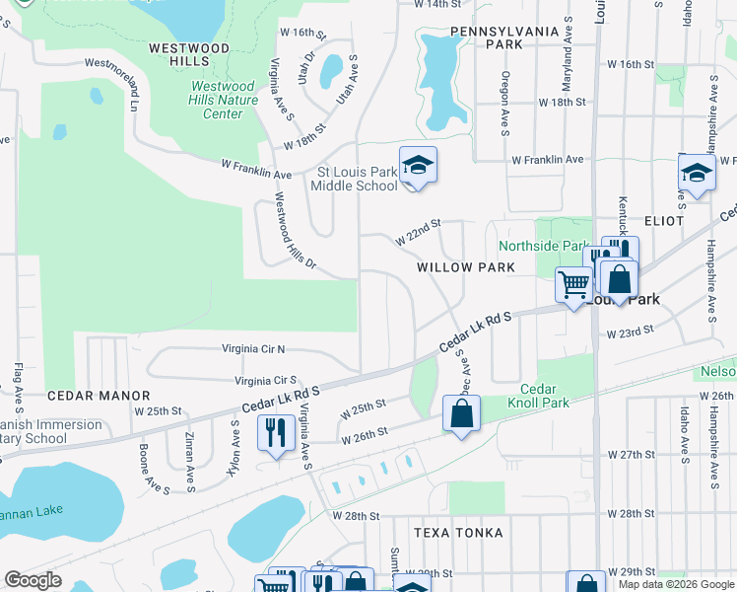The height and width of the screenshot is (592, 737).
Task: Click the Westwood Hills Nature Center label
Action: pyautogui.click(x=224, y=100)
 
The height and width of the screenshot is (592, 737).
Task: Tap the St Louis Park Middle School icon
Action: pyautogui.click(x=418, y=167)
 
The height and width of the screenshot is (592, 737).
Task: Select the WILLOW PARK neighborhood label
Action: pyautogui.click(x=465, y=267)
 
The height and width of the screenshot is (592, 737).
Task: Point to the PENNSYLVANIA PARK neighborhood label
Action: pyautogui.click(x=504, y=37)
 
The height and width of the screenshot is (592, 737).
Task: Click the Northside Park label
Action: pyautogui.click(x=543, y=246)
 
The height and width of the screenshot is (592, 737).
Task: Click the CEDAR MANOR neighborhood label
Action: pyautogui.click(x=85, y=395)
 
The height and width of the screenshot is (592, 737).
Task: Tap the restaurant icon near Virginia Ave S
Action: pyautogui.click(x=275, y=433)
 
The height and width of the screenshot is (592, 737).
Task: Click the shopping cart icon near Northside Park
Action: pyautogui.click(x=573, y=286)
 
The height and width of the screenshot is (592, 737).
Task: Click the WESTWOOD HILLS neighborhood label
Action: pyautogui.click(x=188, y=54)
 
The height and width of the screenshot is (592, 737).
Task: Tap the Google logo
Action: pyautogui.click(x=33, y=580)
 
